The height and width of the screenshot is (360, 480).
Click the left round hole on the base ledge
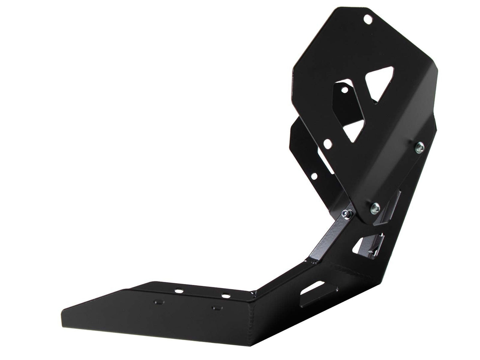tap(180, 290)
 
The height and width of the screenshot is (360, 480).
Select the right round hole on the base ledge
tap(226, 296)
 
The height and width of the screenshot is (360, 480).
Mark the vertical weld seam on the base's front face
tap(252, 322)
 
